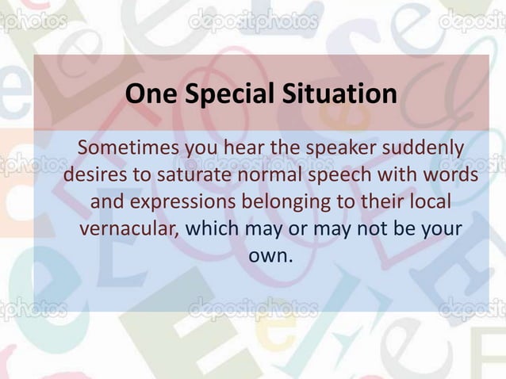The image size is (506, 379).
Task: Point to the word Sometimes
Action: coord(128,148)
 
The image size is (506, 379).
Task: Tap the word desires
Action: coord(96,174)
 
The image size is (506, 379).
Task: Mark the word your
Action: coord(439,228)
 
